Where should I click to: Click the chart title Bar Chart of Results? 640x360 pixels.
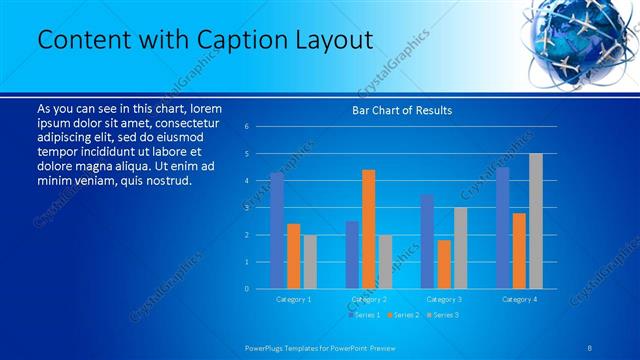coord(402,110)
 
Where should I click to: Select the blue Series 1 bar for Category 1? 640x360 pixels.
coord(277,230)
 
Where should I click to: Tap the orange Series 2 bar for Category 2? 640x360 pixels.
coord(368,229)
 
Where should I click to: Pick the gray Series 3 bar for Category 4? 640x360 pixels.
coord(536,221)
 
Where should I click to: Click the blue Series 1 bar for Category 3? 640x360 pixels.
coord(427,241)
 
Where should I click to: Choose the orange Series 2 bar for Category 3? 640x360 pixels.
coord(444,264)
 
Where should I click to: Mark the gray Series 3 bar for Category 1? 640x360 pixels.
coord(309,261)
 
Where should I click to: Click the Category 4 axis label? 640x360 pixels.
coord(519,299)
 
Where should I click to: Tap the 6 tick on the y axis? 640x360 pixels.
coord(247,126)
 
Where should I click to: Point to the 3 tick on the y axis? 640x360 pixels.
coord(247,207)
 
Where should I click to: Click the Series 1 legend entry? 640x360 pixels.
coord(365,315)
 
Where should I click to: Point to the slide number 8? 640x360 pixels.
coord(591,347)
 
